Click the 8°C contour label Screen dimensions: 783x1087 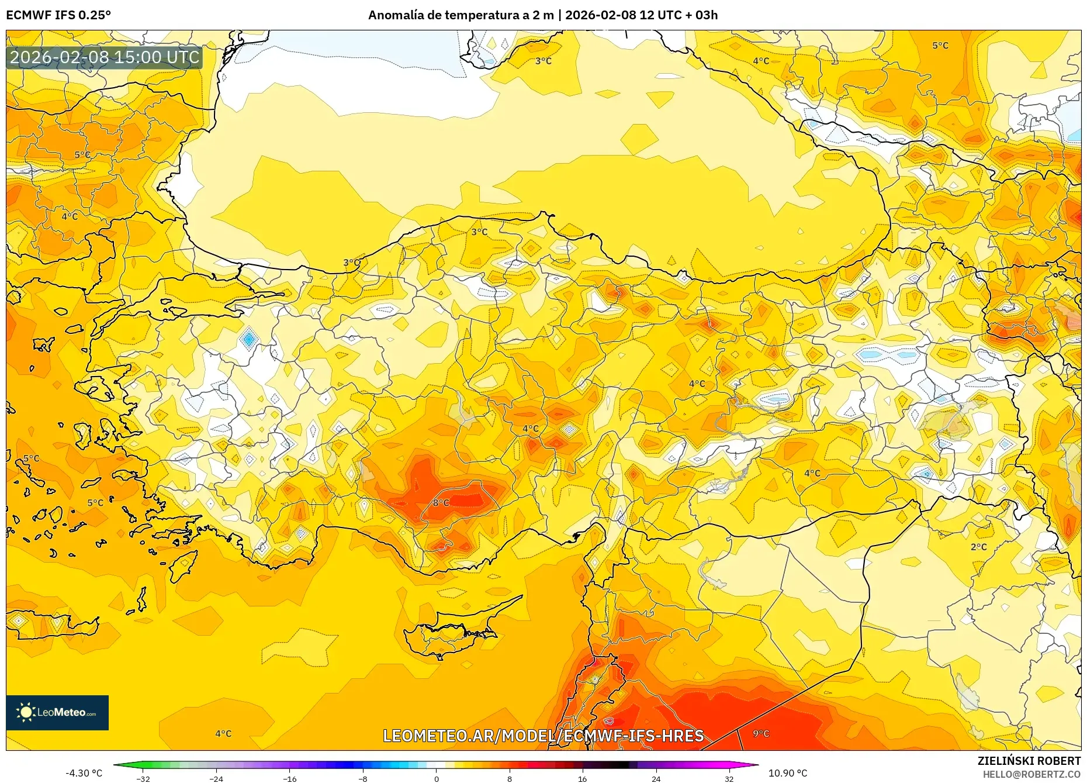(441, 502)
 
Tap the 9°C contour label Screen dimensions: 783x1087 (761, 733)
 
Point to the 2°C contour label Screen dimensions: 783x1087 (978, 547)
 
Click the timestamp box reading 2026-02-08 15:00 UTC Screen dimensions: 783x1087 (105, 57)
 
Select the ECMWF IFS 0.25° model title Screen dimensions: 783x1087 (58, 15)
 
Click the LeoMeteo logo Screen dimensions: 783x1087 (57, 712)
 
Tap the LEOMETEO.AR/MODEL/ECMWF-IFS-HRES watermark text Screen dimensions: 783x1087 (543, 736)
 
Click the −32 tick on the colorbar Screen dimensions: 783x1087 (143, 778)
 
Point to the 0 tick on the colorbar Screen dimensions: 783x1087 (436, 778)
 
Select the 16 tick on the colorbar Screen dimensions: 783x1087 (582, 778)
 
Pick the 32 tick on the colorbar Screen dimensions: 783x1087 (729, 778)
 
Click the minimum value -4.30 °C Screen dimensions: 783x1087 (84, 773)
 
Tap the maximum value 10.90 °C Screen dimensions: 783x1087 (788, 773)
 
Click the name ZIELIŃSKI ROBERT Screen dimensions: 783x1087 (1029, 761)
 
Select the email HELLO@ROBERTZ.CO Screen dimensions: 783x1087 (1031, 774)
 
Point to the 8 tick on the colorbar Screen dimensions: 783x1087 (510, 778)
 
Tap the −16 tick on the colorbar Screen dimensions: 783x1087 (290, 778)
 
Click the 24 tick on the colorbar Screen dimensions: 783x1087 (656, 778)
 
